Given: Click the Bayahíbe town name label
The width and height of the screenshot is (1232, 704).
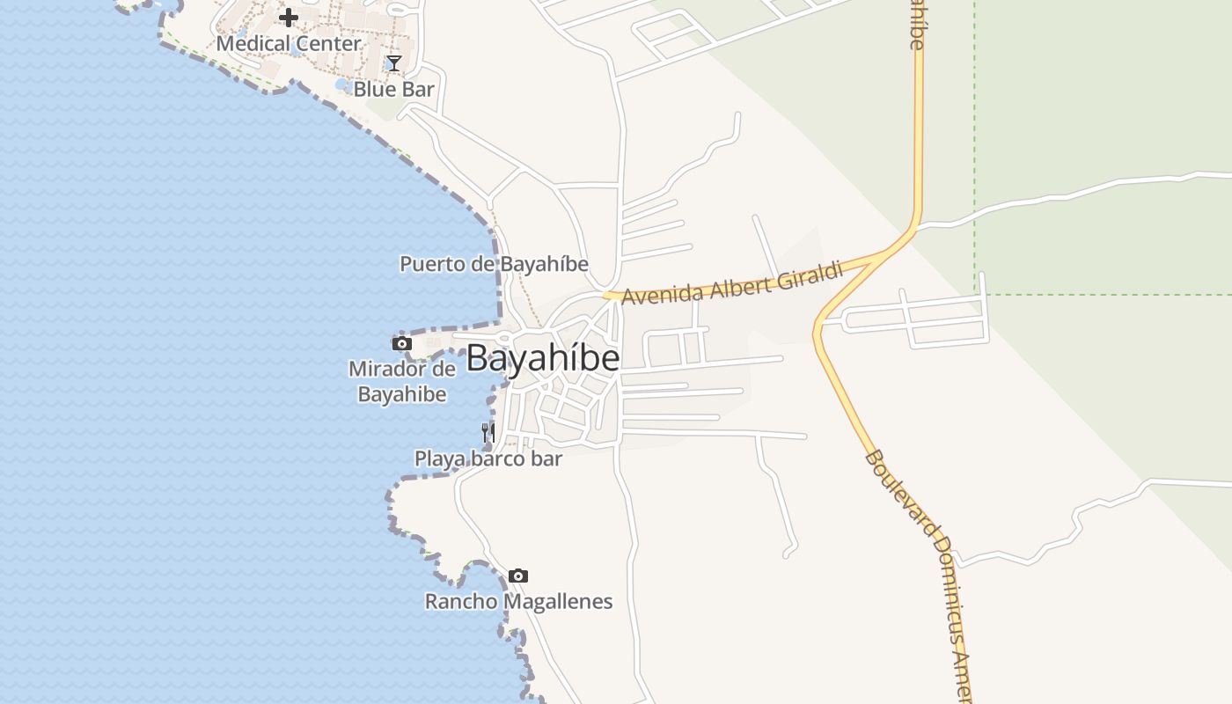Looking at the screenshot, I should (542, 358).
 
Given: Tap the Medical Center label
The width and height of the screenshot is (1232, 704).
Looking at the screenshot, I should (289, 43).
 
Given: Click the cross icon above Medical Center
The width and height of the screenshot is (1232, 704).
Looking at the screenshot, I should (289, 18).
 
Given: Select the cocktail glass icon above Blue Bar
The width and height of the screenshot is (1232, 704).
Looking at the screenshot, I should (394, 63).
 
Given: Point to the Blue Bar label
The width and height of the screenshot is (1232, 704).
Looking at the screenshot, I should (394, 89).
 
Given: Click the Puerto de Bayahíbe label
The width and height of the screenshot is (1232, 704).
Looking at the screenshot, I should (494, 264).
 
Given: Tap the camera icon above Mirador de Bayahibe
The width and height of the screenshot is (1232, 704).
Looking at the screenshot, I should (402, 343).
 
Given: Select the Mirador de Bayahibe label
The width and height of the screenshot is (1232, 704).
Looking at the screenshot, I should (402, 381).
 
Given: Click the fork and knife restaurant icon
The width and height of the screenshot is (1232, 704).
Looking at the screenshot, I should (488, 432).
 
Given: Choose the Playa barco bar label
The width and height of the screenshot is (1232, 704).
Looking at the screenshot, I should (488, 458).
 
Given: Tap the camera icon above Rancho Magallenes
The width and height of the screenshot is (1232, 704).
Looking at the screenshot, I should (518, 576).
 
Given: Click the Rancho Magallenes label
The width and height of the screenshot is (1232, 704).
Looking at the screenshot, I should (518, 602).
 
